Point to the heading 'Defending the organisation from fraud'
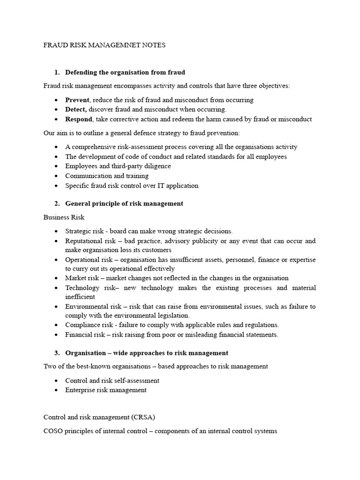[125, 72]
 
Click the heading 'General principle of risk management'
[124, 203]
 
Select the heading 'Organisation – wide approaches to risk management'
[147, 352]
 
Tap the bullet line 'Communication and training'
[107, 176]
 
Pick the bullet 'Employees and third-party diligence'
[118, 166]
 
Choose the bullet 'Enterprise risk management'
[106, 390]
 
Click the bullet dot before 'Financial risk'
[56, 335]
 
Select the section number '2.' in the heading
[57, 203]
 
